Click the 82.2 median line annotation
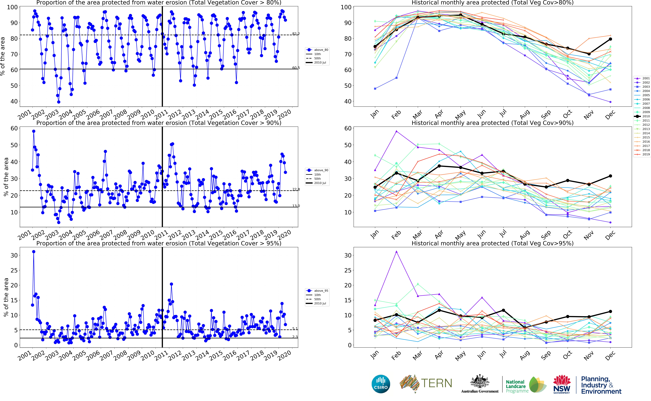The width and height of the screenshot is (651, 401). pos(296,34)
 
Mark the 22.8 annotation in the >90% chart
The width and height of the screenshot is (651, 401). pos(296,189)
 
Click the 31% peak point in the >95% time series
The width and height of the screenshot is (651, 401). pos(34,252)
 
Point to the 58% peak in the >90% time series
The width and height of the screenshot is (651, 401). pos(34,131)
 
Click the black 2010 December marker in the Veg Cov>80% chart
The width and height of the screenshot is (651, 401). pos(610,39)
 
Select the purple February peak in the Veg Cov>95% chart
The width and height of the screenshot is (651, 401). pos(396,252)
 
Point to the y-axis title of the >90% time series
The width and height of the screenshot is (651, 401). pos(6,177)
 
